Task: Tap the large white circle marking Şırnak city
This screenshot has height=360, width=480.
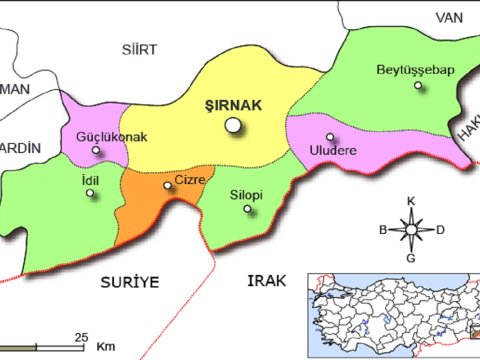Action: point(233,125)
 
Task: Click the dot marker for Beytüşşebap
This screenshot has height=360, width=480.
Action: point(419,86)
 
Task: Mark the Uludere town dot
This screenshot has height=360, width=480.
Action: point(329,137)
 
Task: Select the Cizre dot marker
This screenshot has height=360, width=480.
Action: point(167,185)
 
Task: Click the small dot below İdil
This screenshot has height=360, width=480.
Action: point(90,194)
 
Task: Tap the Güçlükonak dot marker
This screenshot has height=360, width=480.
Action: point(96,151)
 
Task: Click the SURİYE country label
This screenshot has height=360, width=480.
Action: point(130,283)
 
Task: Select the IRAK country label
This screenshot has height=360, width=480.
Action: point(267,282)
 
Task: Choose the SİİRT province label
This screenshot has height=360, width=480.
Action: point(140,49)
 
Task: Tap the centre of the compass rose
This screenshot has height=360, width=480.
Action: point(411,229)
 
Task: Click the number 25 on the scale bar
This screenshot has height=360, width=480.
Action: point(83,336)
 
